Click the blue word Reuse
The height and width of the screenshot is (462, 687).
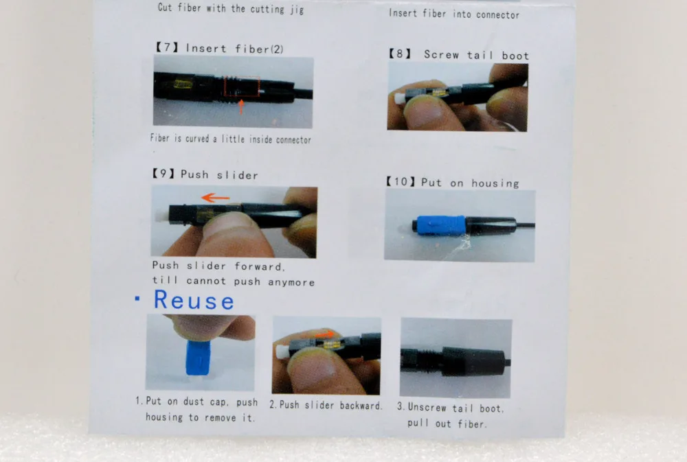tap(194, 301)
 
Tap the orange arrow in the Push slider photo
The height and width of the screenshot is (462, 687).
tap(215, 198)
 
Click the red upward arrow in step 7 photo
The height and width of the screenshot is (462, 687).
tap(240, 107)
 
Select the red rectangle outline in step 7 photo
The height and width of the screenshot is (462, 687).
tap(242, 86)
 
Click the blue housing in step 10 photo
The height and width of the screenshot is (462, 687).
tap(441, 226)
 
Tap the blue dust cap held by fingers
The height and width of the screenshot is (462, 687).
tap(199, 358)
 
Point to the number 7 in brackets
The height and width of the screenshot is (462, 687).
tap(167, 47)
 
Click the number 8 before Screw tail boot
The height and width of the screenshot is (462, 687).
tap(400, 54)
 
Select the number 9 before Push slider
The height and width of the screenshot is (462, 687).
tap(163, 174)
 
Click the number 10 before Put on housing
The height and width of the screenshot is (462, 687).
tap(401, 181)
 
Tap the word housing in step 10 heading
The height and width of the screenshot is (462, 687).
tap(495, 183)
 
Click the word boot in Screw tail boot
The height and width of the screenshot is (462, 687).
tap(515, 56)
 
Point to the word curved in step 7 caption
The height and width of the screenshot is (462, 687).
tap(197, 139)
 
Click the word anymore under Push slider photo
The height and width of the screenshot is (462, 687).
tap(291, 282)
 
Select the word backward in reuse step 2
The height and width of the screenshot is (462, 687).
tap(361, 406)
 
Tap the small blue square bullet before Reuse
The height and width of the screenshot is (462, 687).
tap(137, 299)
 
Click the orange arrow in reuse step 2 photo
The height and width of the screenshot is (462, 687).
tap(325, 334)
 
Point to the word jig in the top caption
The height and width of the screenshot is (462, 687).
tap(297, 9)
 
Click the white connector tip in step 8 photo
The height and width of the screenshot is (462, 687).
tap(399, 98)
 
